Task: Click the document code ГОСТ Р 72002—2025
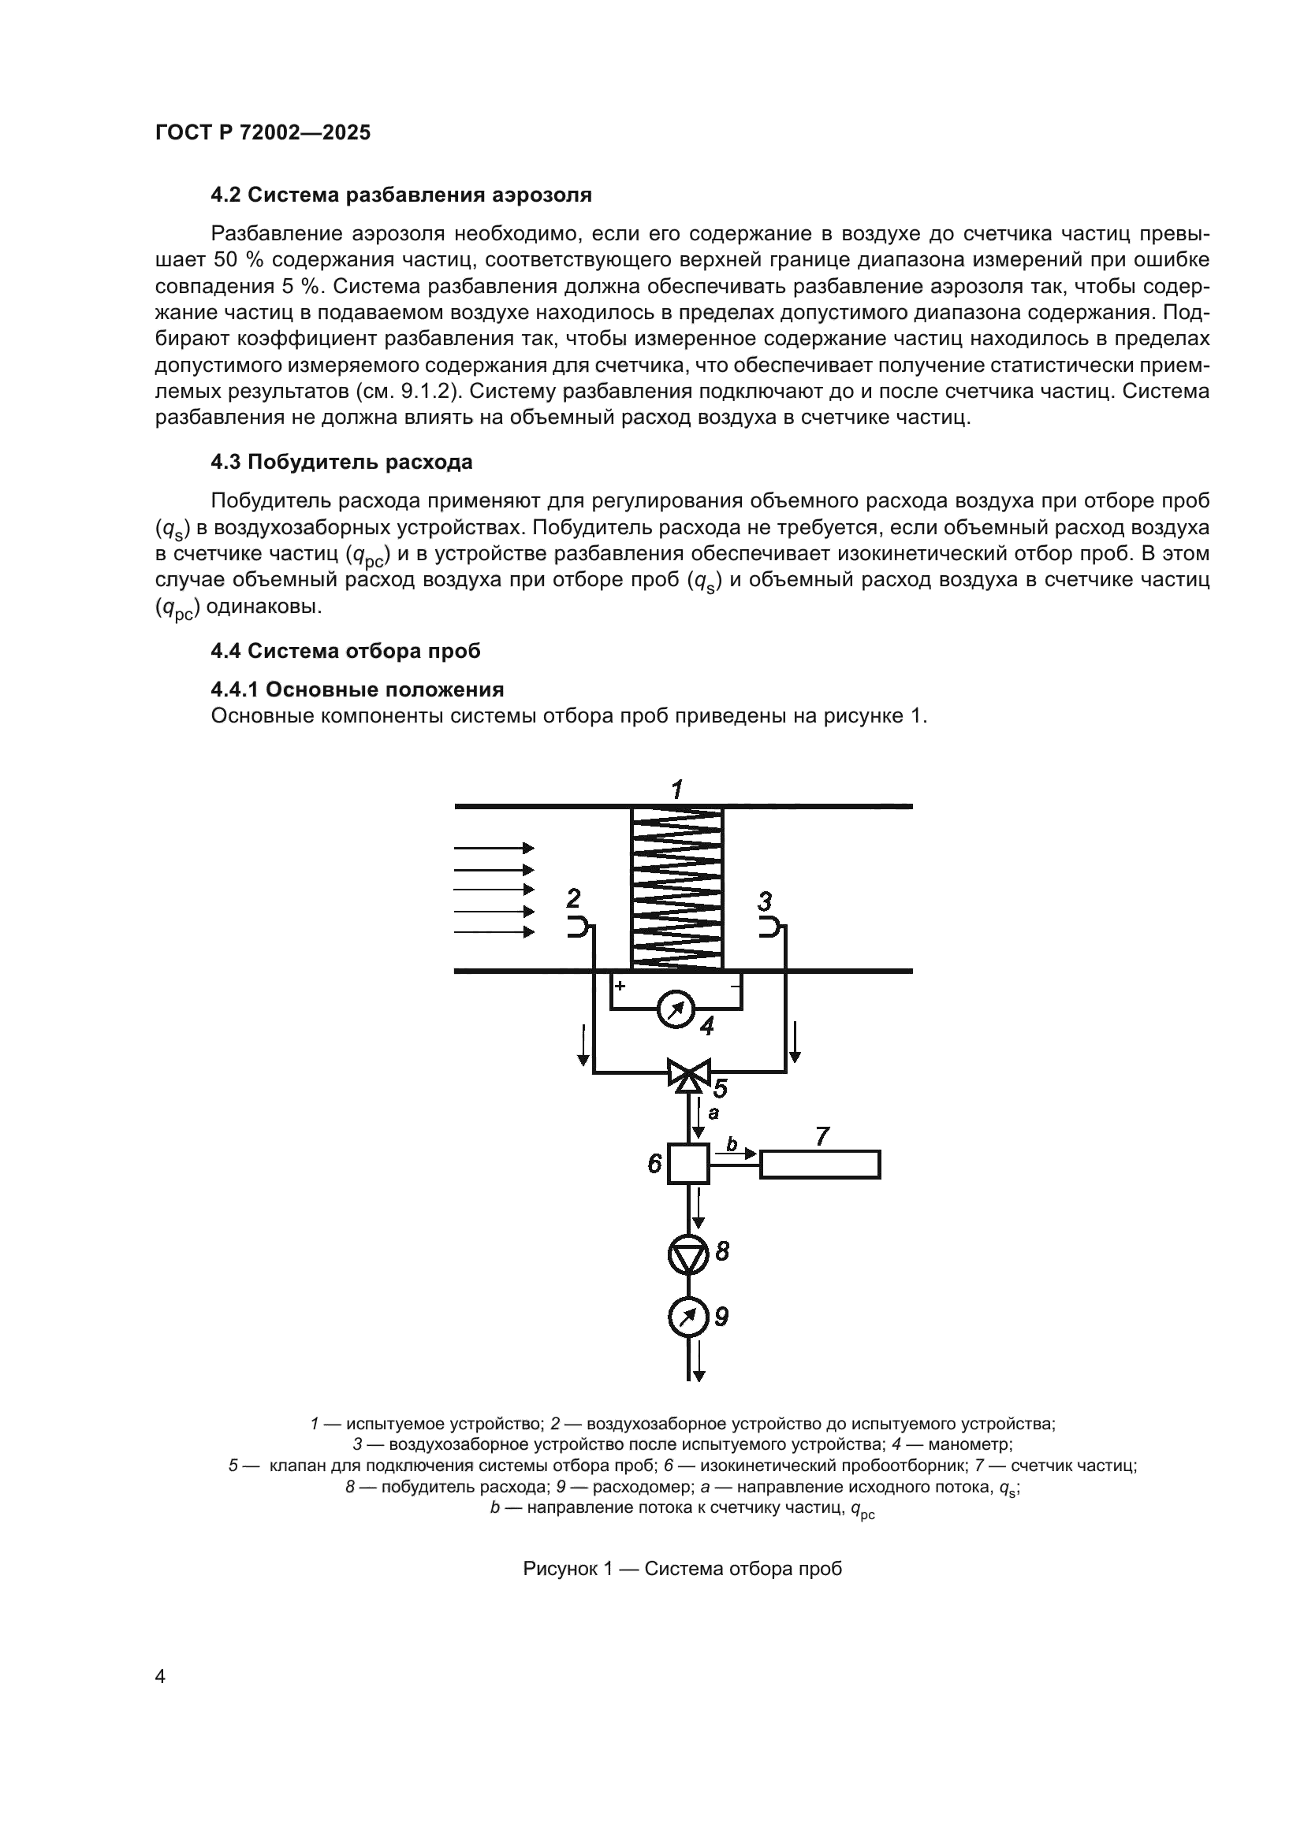point(263,133)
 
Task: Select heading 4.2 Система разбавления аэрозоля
point(401,195)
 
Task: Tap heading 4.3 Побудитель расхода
point(341,463)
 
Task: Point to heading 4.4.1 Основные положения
point(357,689)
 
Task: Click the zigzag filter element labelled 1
point(677,888)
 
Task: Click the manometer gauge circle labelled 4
point(676,1011)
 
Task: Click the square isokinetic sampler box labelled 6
point(688,1164)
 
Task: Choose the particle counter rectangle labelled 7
point(820,1165)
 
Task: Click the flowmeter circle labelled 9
point(688,1317)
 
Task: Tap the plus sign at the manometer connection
point(620,985)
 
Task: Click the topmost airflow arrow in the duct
point(494,848)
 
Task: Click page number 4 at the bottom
point(160,1677)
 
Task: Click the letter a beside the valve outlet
point(713,1113)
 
